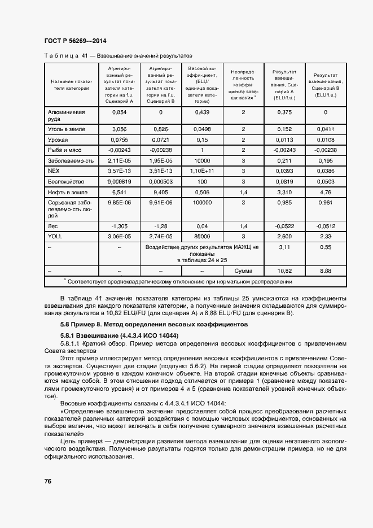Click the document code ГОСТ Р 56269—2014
coord(74,41)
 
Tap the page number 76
coord(48,481)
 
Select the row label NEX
coord(54,170)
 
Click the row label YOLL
coord(55,237)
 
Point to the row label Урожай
coord(58,139)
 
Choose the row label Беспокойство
coord(66,181)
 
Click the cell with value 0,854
coord(119,112)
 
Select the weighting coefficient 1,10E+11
coord(202,170)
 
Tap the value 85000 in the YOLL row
coord(202,237)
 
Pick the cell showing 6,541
coord(119,193)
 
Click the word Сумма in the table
coord(243,271)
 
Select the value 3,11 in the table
coord(284,247)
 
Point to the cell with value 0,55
coord(326,247)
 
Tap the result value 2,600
coord(284,237)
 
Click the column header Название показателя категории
coord(71,84)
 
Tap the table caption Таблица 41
coord(117,56)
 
